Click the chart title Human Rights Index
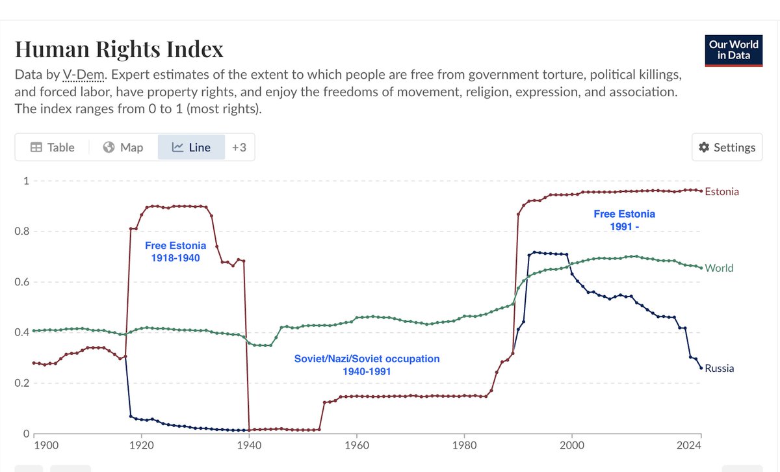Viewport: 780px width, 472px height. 119,49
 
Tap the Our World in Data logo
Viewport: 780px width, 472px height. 733,50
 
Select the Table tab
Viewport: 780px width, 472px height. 53,148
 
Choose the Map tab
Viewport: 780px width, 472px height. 123,148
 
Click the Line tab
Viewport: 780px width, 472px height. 191,148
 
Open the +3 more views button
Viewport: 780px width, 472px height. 239,148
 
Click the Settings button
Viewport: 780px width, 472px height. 727,148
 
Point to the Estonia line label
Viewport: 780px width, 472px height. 721,192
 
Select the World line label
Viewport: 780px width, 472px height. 719,268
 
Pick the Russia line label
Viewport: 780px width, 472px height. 719,369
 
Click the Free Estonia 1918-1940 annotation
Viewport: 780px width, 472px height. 175,252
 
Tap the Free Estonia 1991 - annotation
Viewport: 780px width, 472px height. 624,220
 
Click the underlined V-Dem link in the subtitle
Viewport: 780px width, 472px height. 80,75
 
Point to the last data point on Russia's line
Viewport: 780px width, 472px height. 701,368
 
